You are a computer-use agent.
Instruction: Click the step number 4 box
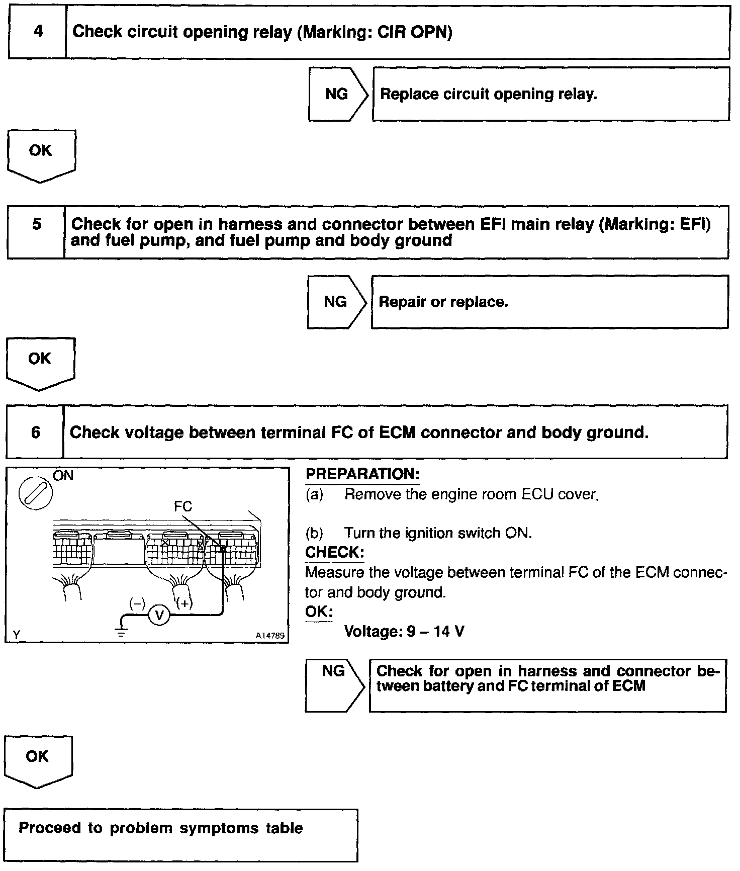point(38,32)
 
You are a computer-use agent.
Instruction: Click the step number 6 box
point(35,432)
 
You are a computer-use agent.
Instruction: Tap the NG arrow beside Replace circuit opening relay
point(337,94)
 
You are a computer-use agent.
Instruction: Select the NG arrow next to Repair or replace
point(336,302)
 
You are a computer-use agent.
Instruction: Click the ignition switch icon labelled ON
point(35,491)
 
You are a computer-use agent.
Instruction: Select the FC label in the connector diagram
point(183,506)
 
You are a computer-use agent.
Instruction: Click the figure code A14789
point(269,636)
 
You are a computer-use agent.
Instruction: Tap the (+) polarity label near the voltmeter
point(184,603)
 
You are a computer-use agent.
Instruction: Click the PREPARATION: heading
point(362,474)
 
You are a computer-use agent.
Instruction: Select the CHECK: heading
point(334,552)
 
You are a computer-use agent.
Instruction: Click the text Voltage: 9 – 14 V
point(404,631)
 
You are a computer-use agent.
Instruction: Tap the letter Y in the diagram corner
point(17,635)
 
